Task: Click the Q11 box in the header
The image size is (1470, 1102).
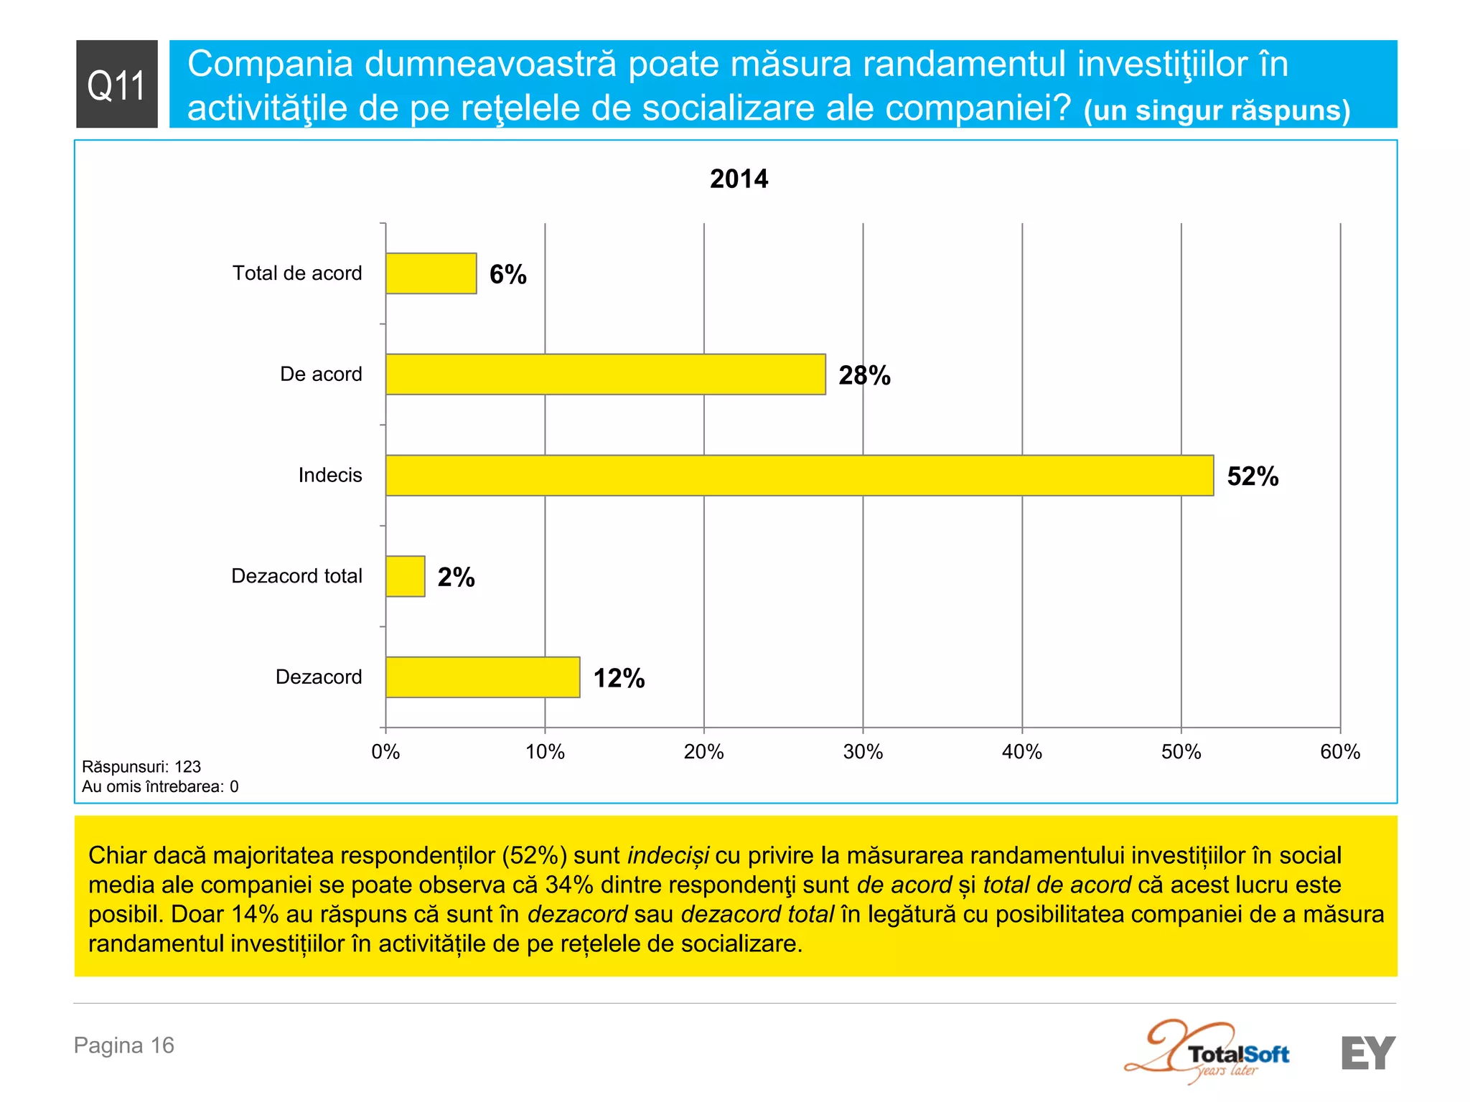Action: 116,84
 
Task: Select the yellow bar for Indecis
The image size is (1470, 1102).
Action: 799,475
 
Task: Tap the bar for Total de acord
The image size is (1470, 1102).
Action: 431,273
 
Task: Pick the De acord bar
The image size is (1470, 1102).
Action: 605,374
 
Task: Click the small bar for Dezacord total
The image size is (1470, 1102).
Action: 405,576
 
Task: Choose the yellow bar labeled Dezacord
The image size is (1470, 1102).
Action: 482,677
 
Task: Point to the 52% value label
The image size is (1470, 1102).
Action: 1253,476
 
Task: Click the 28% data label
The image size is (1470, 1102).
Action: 864,375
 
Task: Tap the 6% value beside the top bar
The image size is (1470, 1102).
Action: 507,275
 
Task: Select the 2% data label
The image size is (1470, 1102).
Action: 456,578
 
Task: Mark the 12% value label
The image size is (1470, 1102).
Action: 619,678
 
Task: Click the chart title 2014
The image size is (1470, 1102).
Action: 739,179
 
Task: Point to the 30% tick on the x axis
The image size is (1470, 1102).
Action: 863,752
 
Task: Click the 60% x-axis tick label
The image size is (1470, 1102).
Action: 1339,752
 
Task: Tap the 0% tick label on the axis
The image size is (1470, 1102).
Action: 385,752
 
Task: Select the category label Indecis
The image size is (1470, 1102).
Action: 330,475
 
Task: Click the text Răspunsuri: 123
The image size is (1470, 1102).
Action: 141,766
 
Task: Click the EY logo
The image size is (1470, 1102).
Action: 1367,1053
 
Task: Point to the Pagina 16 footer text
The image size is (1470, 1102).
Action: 124,1045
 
